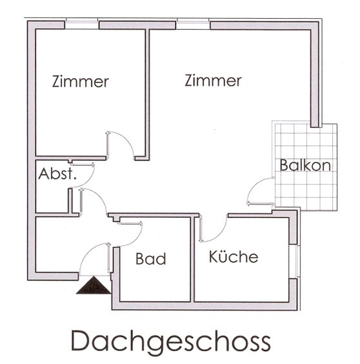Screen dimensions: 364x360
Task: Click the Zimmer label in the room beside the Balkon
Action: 213,81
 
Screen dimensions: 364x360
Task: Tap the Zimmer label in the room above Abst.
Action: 81,82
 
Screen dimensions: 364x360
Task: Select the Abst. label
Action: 57,174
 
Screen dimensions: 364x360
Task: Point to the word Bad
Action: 151,259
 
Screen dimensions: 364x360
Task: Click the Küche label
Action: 234,257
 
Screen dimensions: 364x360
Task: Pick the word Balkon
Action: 305,165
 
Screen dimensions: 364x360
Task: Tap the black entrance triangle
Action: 94,286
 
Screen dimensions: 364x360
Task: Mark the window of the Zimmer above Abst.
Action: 82,25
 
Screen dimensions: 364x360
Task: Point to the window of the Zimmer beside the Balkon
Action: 193,25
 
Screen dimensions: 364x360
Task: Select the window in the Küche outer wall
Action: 297,261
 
